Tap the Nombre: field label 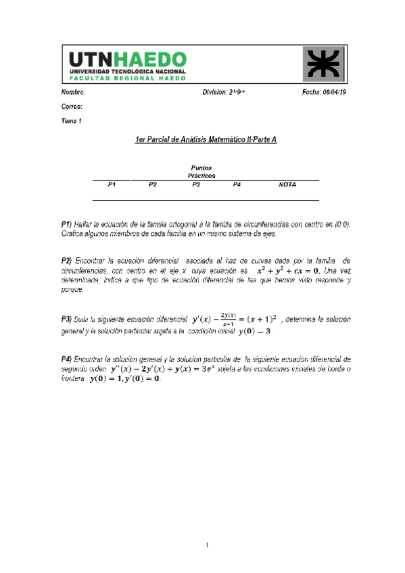click(73, 93)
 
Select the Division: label click(214, 93)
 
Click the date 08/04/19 click(335, 93)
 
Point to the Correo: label click(72, 107)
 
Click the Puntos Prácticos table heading click(201, 171)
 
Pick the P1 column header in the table click(112, 184)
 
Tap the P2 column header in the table click(153, 184)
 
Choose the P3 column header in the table click(195, 184)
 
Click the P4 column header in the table click(237, 184)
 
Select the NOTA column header click(287, 184)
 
